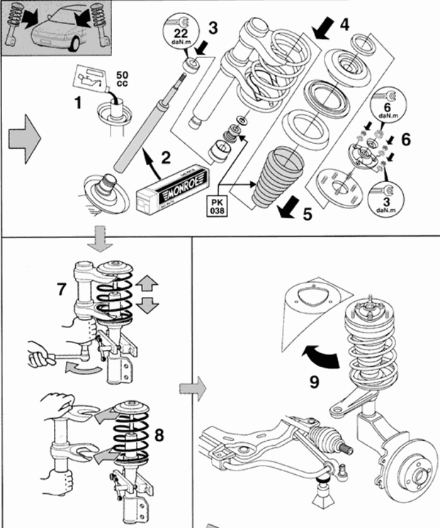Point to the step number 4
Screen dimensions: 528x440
[344, 23]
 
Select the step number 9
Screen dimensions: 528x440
[315, 381]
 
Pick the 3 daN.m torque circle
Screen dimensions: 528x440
[385, 198]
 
